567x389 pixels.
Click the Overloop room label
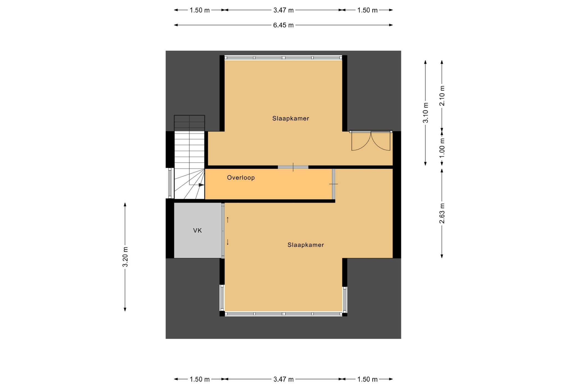point(241,178)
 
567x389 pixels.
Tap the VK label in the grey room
point(197,231)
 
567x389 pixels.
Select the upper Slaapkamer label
point(291,119)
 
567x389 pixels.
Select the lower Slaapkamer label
point(306,245)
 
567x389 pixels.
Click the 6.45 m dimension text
point(283,25)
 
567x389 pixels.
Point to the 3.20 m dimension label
point(125,257)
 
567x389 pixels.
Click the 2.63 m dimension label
point(442,213)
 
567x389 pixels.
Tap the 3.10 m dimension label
point(426,112)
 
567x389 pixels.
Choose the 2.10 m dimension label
point(442,96)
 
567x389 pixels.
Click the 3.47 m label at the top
point(283,10)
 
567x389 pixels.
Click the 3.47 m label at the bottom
point(283,379)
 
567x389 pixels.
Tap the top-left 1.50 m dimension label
point(200,10)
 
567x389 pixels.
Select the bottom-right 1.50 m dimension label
point(367,379)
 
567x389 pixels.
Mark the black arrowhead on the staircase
point(201,185)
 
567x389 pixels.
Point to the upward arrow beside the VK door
point(228,220)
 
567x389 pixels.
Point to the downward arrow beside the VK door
point(228,242)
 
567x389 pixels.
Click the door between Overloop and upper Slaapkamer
point(293,167)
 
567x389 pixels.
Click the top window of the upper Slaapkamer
point(283,58)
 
